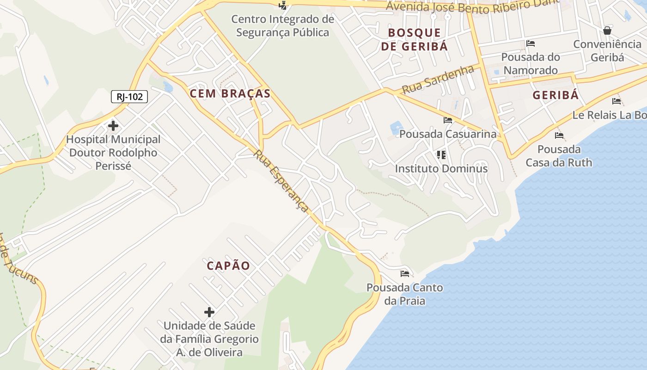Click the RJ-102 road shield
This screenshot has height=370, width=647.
click(129, 97)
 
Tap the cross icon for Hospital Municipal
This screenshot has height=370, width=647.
click(113, 125)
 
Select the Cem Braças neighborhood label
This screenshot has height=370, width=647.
click(230, 93)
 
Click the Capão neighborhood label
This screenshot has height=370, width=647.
click(228, 266)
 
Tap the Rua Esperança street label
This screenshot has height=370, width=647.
click(281, 181)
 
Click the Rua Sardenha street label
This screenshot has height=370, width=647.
click(438, 79)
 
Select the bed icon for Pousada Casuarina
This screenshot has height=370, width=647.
click(447, 120)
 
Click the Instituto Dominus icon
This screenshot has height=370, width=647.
click(441, 154)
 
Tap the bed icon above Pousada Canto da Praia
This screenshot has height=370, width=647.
click(405, 273)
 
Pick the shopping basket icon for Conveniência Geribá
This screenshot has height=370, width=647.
click(607, 31)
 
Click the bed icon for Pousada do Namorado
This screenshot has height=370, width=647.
click(531, 43)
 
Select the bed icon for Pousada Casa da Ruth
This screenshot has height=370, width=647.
click(559, 136)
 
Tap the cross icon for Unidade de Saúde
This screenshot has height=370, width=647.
click(209, 312)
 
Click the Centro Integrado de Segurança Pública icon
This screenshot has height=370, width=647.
click(283, 6)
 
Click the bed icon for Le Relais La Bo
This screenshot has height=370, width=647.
click(616, 101)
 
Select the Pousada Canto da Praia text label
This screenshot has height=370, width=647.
click(405, 294)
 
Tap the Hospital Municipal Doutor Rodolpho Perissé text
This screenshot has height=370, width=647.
click(113, 153)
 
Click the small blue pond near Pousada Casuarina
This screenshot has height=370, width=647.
click(396, 127)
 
